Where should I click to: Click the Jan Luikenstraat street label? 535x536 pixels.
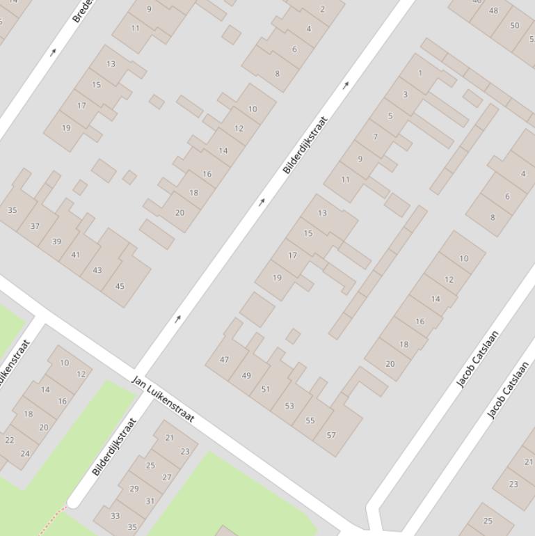pyautogui.click(x=163, y=400)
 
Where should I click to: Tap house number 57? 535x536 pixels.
pyautogui.click(x=331, y=436)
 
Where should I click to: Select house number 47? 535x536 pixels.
pyautogui.click(x=224, y=360)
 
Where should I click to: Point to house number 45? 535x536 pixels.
pyautogui.click(x=120, y=285)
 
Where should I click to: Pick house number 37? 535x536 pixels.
pyautogui.click(x=35, y=226)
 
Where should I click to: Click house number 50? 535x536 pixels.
pyautogui.click(x=514, y=26)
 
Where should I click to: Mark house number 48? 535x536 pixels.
pyautogui.click(x=493, y=10)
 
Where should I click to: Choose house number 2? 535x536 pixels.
pyautogui.click(x=322, y=10)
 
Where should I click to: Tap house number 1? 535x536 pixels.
pyautogui.click(x=420, y=73)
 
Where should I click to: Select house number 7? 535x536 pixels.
pyautogui.click(x=375, y=136)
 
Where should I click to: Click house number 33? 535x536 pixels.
pyautogui.click(x=115, y=516)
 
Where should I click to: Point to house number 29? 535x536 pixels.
pyautogui.click(x=134, y=489)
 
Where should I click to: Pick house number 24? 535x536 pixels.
pyautogui.click(x=25, y=454)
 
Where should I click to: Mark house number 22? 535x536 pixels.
pyautogui.click(x=10, y=440)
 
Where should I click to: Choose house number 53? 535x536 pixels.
pyautogui.click(x=289, y=406)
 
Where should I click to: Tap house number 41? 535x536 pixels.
pyautogui.click(x=75, y=255)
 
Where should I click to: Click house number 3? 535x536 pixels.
pyautogui.click(x=405, y=95)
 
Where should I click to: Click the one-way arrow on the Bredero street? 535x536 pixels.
pyautogui.click(x=53, y=52)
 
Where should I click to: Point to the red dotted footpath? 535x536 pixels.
pyautogui.click(x=52, y=520)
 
